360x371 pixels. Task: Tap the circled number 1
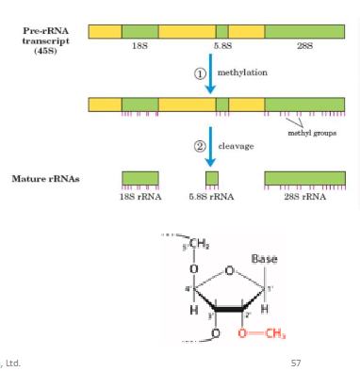point(200,73)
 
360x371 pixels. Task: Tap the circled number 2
point(200,147)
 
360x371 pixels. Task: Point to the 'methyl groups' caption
point(312,133)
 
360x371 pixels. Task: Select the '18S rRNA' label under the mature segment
point(140,197)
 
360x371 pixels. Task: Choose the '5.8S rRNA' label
point(211,197)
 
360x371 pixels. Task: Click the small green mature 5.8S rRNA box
point(212,178)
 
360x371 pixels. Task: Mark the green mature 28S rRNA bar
point(304,178)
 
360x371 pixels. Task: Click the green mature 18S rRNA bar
point(140,178)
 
